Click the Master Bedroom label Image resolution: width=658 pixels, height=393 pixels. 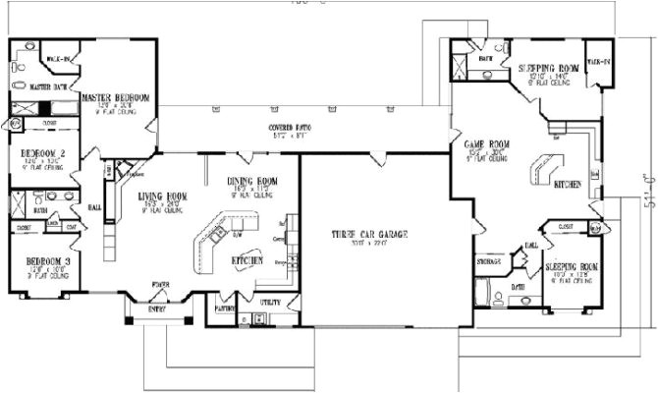(116, 98)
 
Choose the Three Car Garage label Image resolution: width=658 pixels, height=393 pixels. (369, 234)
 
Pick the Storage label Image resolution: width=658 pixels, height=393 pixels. (490, 262)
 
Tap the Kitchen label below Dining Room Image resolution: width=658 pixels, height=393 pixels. (246, 259)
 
